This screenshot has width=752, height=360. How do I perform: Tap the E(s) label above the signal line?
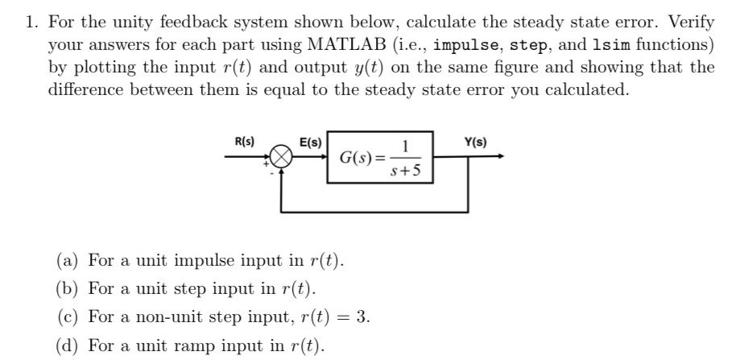point(310,143)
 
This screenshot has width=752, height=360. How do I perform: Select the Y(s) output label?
point(475,143)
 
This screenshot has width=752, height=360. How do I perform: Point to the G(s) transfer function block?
point(379,157)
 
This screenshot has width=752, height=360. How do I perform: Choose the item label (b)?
point(67,288)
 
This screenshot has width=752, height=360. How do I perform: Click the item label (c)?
point(67,316)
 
